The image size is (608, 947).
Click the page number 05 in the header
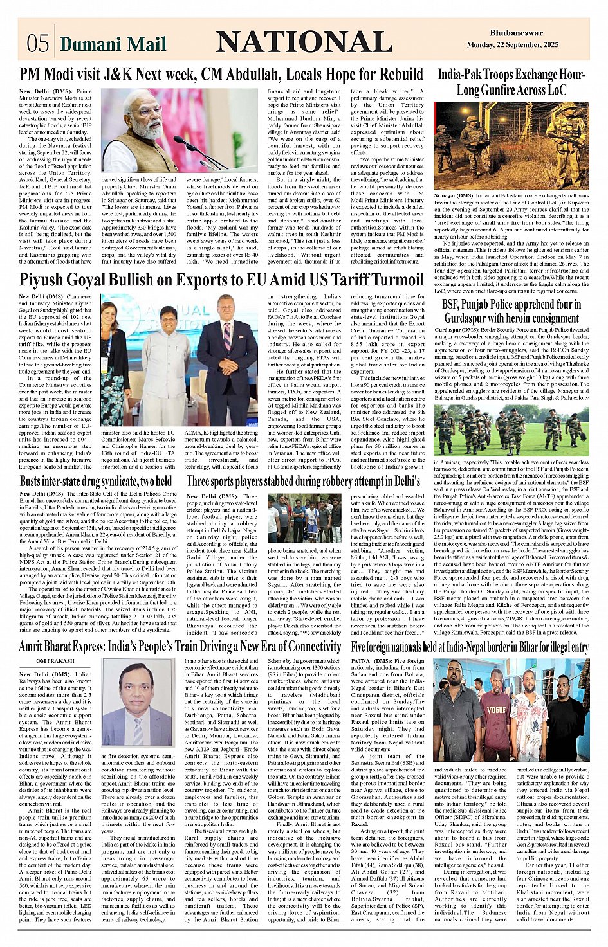pyautogui.click(x=37, y=43)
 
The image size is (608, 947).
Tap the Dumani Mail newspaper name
pyautogui.click(x=113, y=44)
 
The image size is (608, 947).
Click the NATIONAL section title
pyautogui.click(x=304, y=42)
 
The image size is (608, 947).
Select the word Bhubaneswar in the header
pyautogui.click(x=516, y=33)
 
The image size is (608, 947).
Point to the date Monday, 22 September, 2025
pyautogui.click(x=513, y=45)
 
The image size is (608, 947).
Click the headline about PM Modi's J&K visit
pyautogui.click(x=221, y=75)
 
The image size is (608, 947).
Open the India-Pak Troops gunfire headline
pyautogui.click(x=511, y=82)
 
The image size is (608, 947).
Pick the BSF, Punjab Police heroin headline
pyautogui.click(x=511, y=311)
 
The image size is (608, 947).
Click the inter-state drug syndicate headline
pyautogui.click(x=95, y=481)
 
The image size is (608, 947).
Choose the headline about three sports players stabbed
pyautogui.click(x=303, y=481)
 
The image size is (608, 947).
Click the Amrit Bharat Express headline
pyautogui.click(x=180, y=646)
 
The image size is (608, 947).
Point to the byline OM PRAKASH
pyautogui.click(x=55, y=660)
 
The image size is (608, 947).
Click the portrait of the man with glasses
pyautogui.click(x=138, y=702)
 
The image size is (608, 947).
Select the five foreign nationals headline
pyautogui.click(x=469, y=646)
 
